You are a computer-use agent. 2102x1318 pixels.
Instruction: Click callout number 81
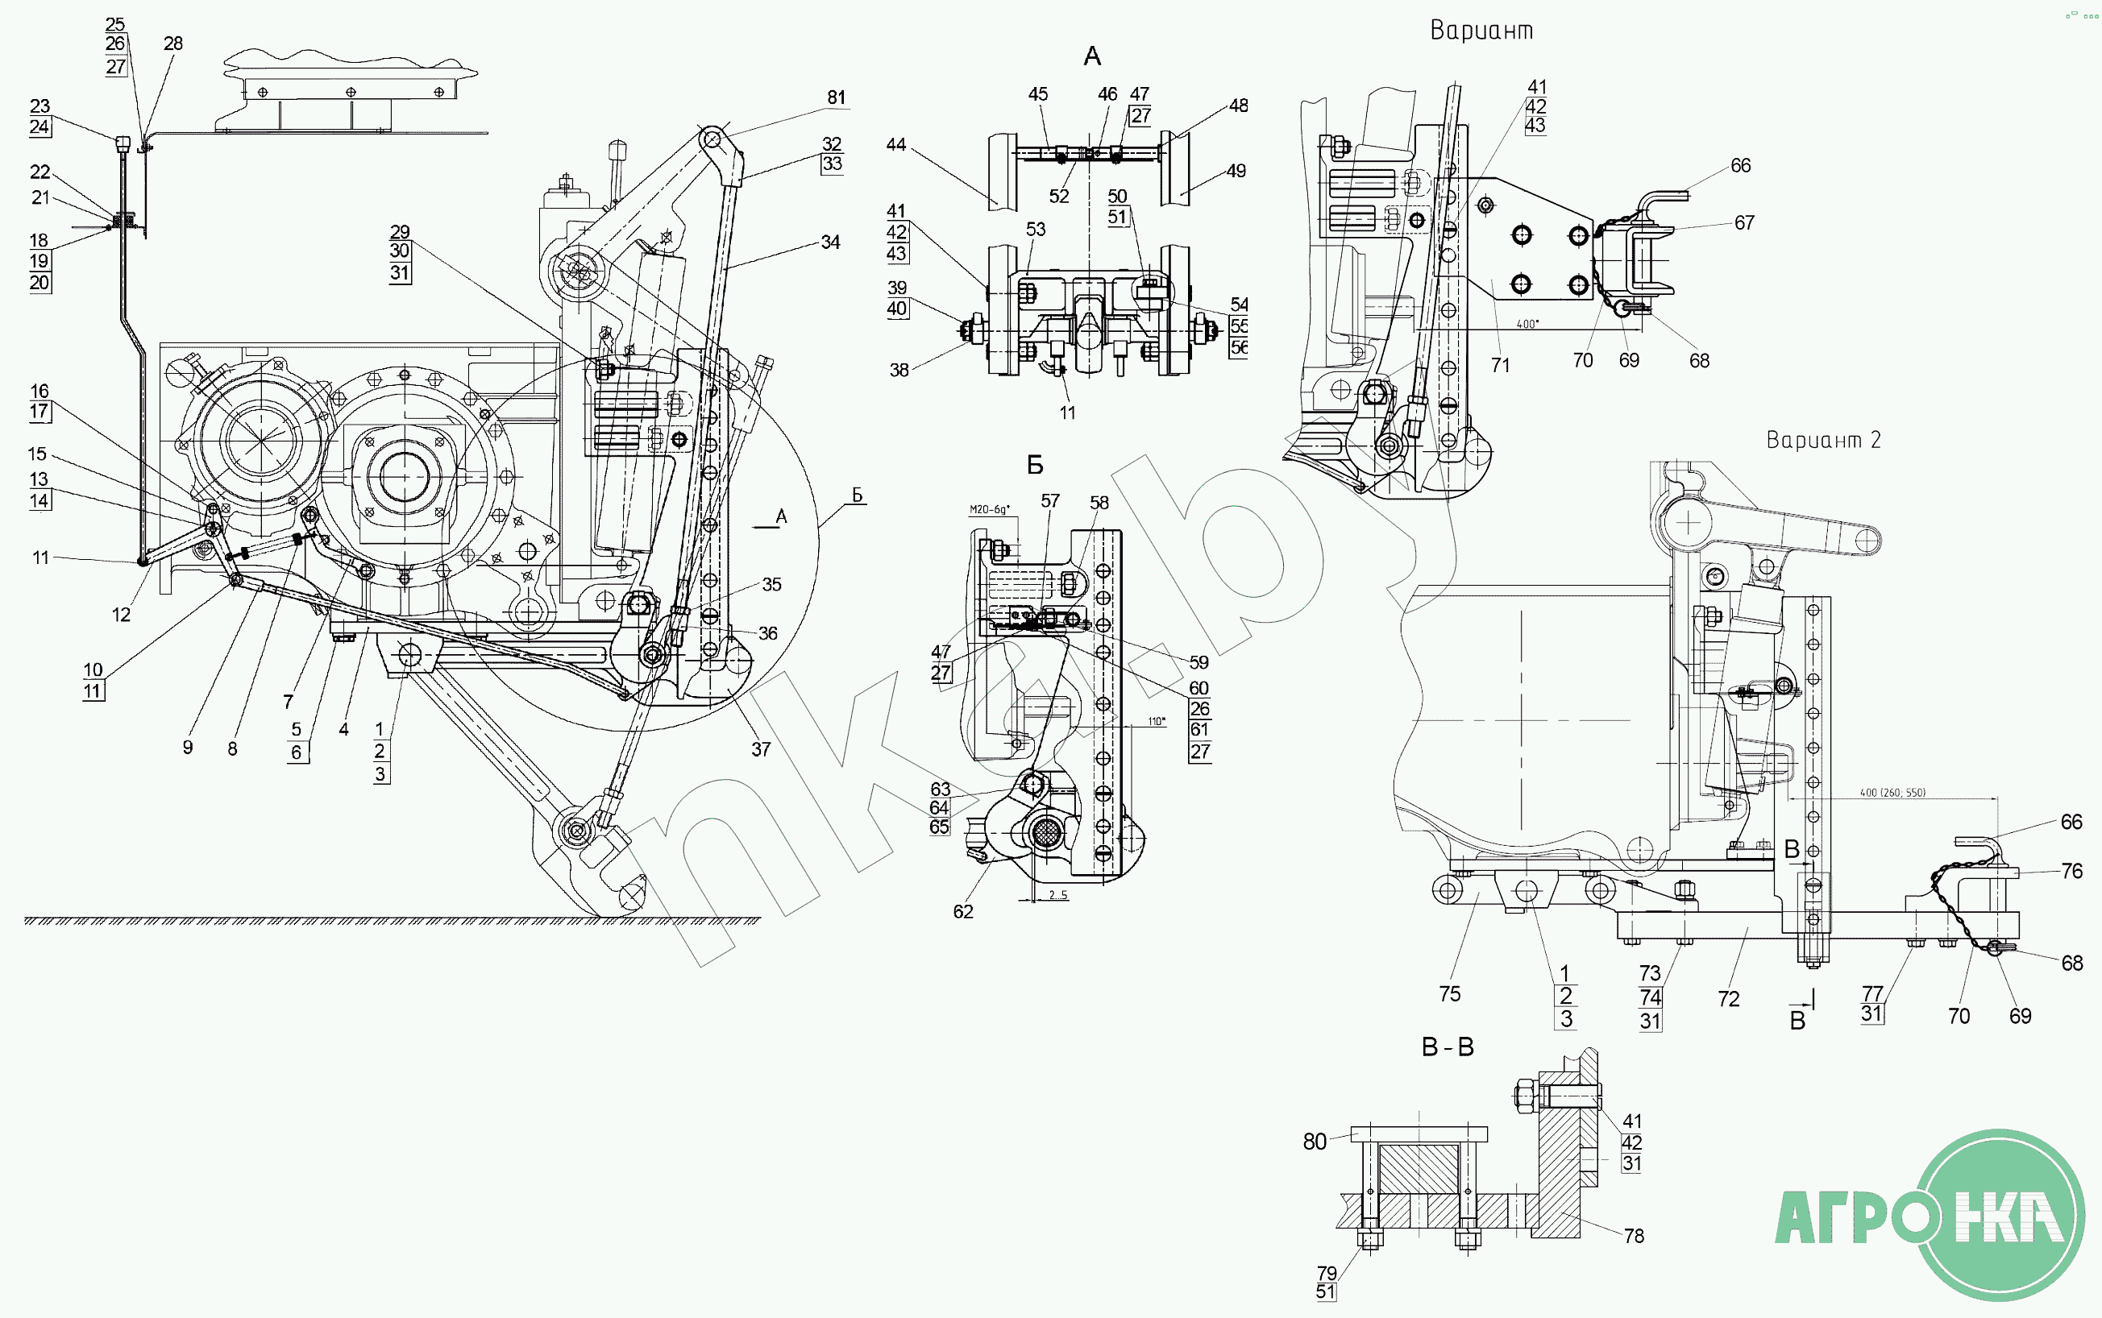pos(836,97)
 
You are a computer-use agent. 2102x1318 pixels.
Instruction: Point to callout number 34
pos(830,242)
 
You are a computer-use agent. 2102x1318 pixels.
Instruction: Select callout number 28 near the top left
pos(172,44)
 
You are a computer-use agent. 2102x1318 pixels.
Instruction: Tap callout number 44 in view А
pos(895,145)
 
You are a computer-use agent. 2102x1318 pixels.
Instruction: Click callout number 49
pos(1236,171)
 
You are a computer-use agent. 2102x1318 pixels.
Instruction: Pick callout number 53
pos(1035,230)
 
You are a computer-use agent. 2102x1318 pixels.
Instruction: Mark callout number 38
pos(899,370)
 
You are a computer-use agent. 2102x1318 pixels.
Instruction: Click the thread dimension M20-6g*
pos(990,509)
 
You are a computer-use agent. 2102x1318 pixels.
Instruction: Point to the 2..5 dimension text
pos(1057,895)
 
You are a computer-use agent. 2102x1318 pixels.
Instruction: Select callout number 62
pos(962,912)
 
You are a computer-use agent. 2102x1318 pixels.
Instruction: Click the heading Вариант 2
pos(1823,440)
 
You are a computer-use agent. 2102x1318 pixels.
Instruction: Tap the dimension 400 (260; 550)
pos(1892,793)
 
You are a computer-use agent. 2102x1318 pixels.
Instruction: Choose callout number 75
pos(1449,993)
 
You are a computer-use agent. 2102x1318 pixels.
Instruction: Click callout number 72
pos(1728,999)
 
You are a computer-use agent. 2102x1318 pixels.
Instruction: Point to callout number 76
pos(2071,871)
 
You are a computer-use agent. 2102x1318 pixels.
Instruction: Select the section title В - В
pos(1448,1047)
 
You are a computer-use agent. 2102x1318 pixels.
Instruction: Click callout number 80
pos(1314,1141)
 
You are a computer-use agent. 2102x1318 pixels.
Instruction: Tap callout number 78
pos(1633,1235)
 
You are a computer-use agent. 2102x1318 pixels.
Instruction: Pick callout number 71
pos(1500,364)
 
